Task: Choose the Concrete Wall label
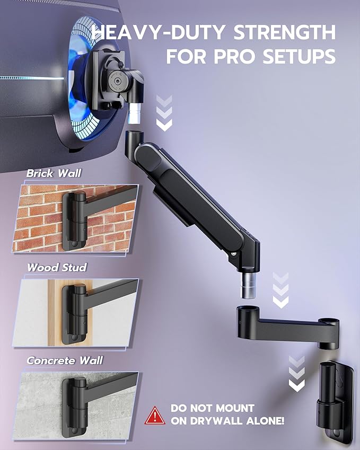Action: [x=65, y=360]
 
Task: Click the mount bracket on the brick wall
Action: [x=74, y=220]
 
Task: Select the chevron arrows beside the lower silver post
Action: [x=280, y=290]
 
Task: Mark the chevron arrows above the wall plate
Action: [x=297, y=374]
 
